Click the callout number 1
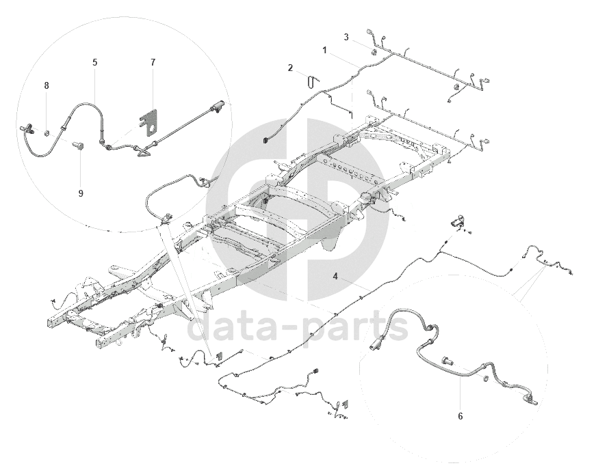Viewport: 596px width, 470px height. click(x=325, y=51)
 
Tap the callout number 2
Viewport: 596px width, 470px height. click(x=290, y=68)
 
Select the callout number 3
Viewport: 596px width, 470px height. click(x=347, y=36)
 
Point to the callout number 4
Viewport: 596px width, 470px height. click(x=336, y=277)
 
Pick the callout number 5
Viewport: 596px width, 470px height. click(x=94, y=62)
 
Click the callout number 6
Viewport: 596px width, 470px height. click(x=460, y=415)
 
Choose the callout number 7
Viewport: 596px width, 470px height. click(x=153, y=62)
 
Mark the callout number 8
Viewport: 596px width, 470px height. click(x=47, y=85)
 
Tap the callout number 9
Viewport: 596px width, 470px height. click(x=80, y=193)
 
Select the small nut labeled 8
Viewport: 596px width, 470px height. click(x=47, y=130)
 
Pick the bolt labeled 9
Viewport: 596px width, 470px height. click(x=78, y=145)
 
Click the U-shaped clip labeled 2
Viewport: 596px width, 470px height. click(x=313, y=83)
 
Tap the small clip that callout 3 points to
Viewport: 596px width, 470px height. click(x=374, y=52)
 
